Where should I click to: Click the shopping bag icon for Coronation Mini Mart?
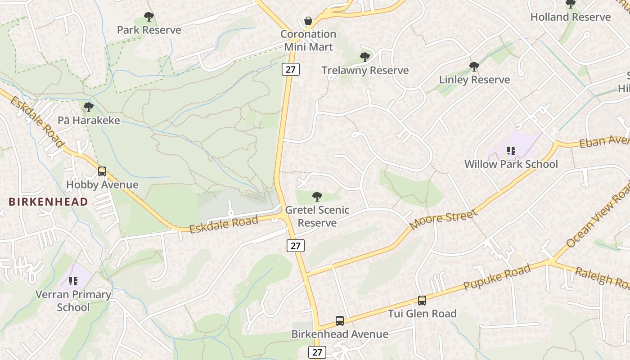pos(308,21)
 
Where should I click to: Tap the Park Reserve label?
pos(149,30)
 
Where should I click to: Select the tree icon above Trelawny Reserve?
pos(364,57)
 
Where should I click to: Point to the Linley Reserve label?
pos(474,80)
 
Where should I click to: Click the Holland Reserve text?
pos(570,17)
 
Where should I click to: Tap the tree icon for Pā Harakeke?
pos(89,107)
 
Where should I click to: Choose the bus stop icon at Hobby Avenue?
pos(102,171)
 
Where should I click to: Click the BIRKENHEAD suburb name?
pos(48,202)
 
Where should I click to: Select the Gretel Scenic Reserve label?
pos(317,216)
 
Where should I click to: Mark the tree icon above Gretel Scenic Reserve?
pos(317,196)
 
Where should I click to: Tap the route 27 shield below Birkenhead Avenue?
pos(317,352)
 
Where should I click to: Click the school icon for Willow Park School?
pos(511,150)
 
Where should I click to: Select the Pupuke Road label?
pos(497,277)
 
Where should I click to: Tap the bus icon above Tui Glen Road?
pos(422,300)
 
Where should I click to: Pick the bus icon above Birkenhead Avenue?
pos(340,321)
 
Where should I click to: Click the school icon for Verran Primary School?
pos(73,281)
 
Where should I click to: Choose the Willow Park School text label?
pos(511,164)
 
